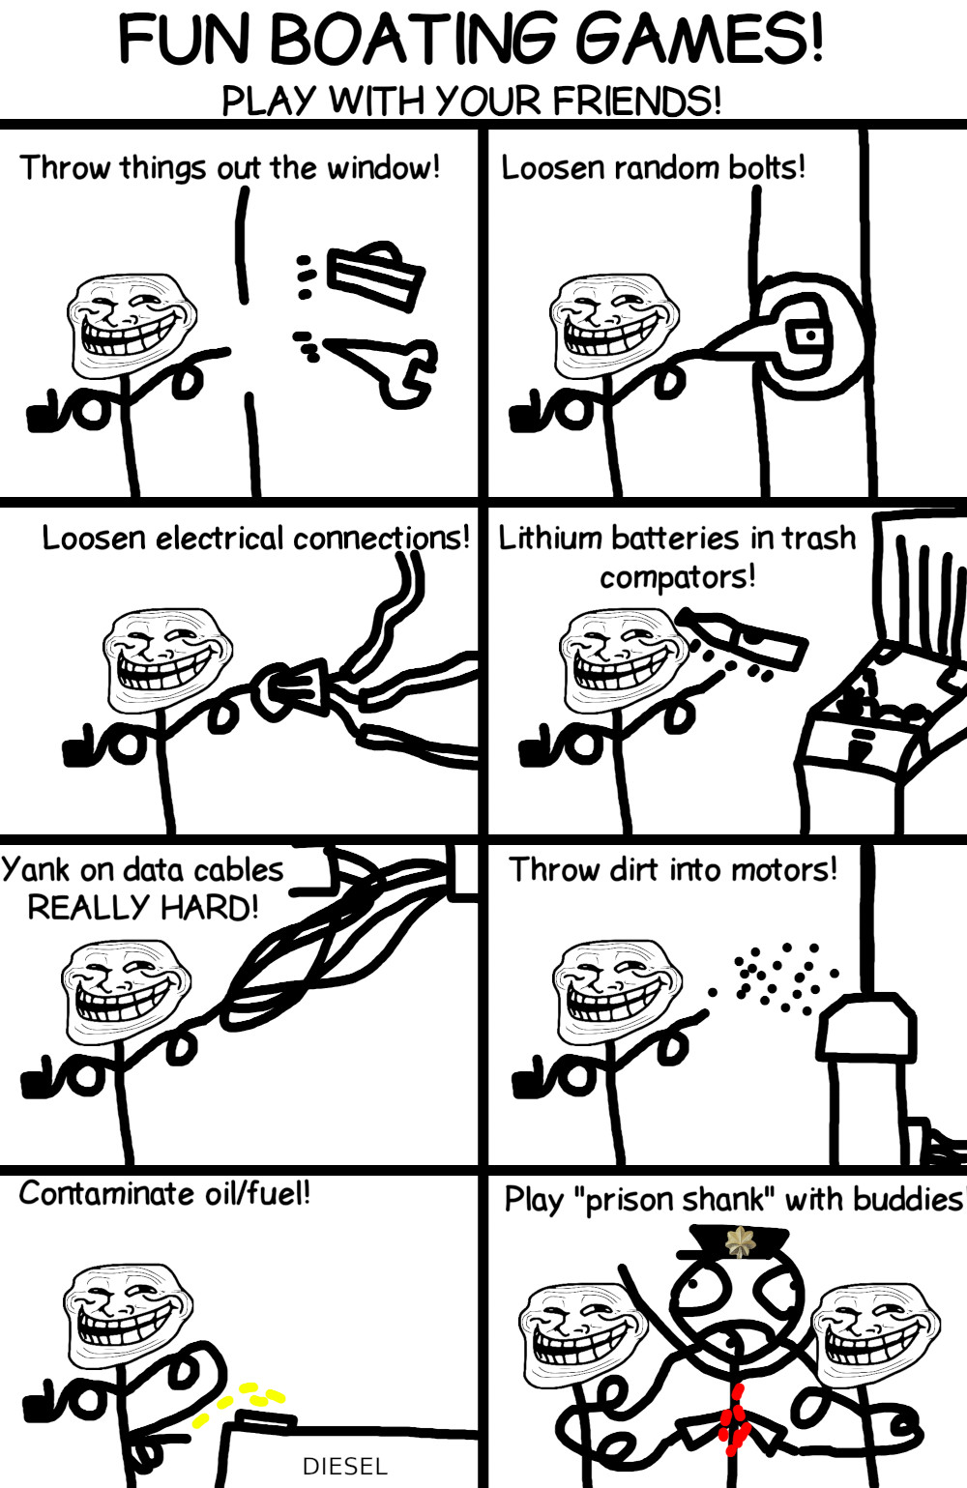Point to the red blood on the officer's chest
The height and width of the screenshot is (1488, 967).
pyautogui.click(x=735, y=1419)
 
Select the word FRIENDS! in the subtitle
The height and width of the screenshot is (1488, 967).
pyautogui.click(x=636, y=101)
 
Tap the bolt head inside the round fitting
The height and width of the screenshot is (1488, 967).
pyautogui.click(x=809, y=336)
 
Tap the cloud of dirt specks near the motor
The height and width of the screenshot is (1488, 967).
pyautogui.click(x=777, y=976)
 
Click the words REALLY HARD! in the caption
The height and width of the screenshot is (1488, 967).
pyautogui.click(x=143, y=908)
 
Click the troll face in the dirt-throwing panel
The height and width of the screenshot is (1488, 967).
pyautogui.click(x=617, y=991)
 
